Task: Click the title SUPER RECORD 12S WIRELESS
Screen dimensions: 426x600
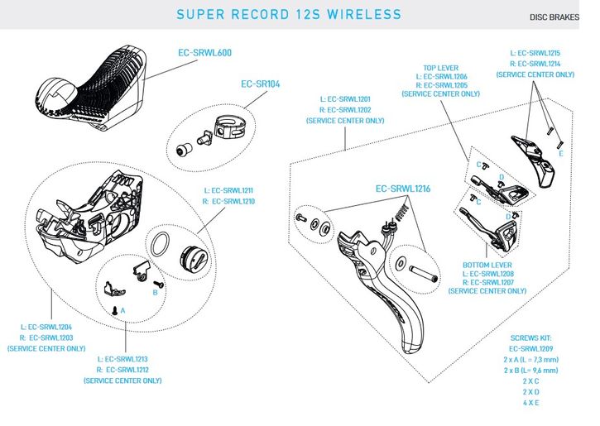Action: point(289,14)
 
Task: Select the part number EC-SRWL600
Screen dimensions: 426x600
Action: point(204,53)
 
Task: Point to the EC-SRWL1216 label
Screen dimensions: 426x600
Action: point(405,189)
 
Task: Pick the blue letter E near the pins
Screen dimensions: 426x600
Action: point(561,153)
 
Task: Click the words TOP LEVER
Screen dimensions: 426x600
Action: point(440,68)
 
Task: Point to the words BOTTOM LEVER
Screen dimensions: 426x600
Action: point(487,266)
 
